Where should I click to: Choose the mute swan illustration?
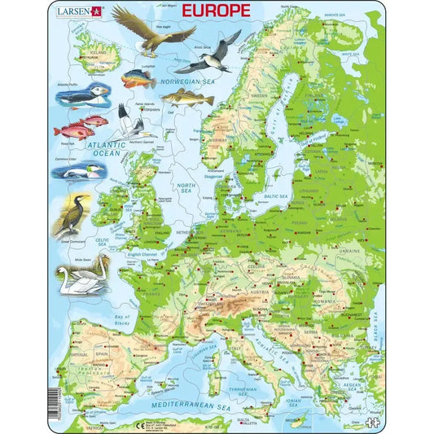coord(84,274)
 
